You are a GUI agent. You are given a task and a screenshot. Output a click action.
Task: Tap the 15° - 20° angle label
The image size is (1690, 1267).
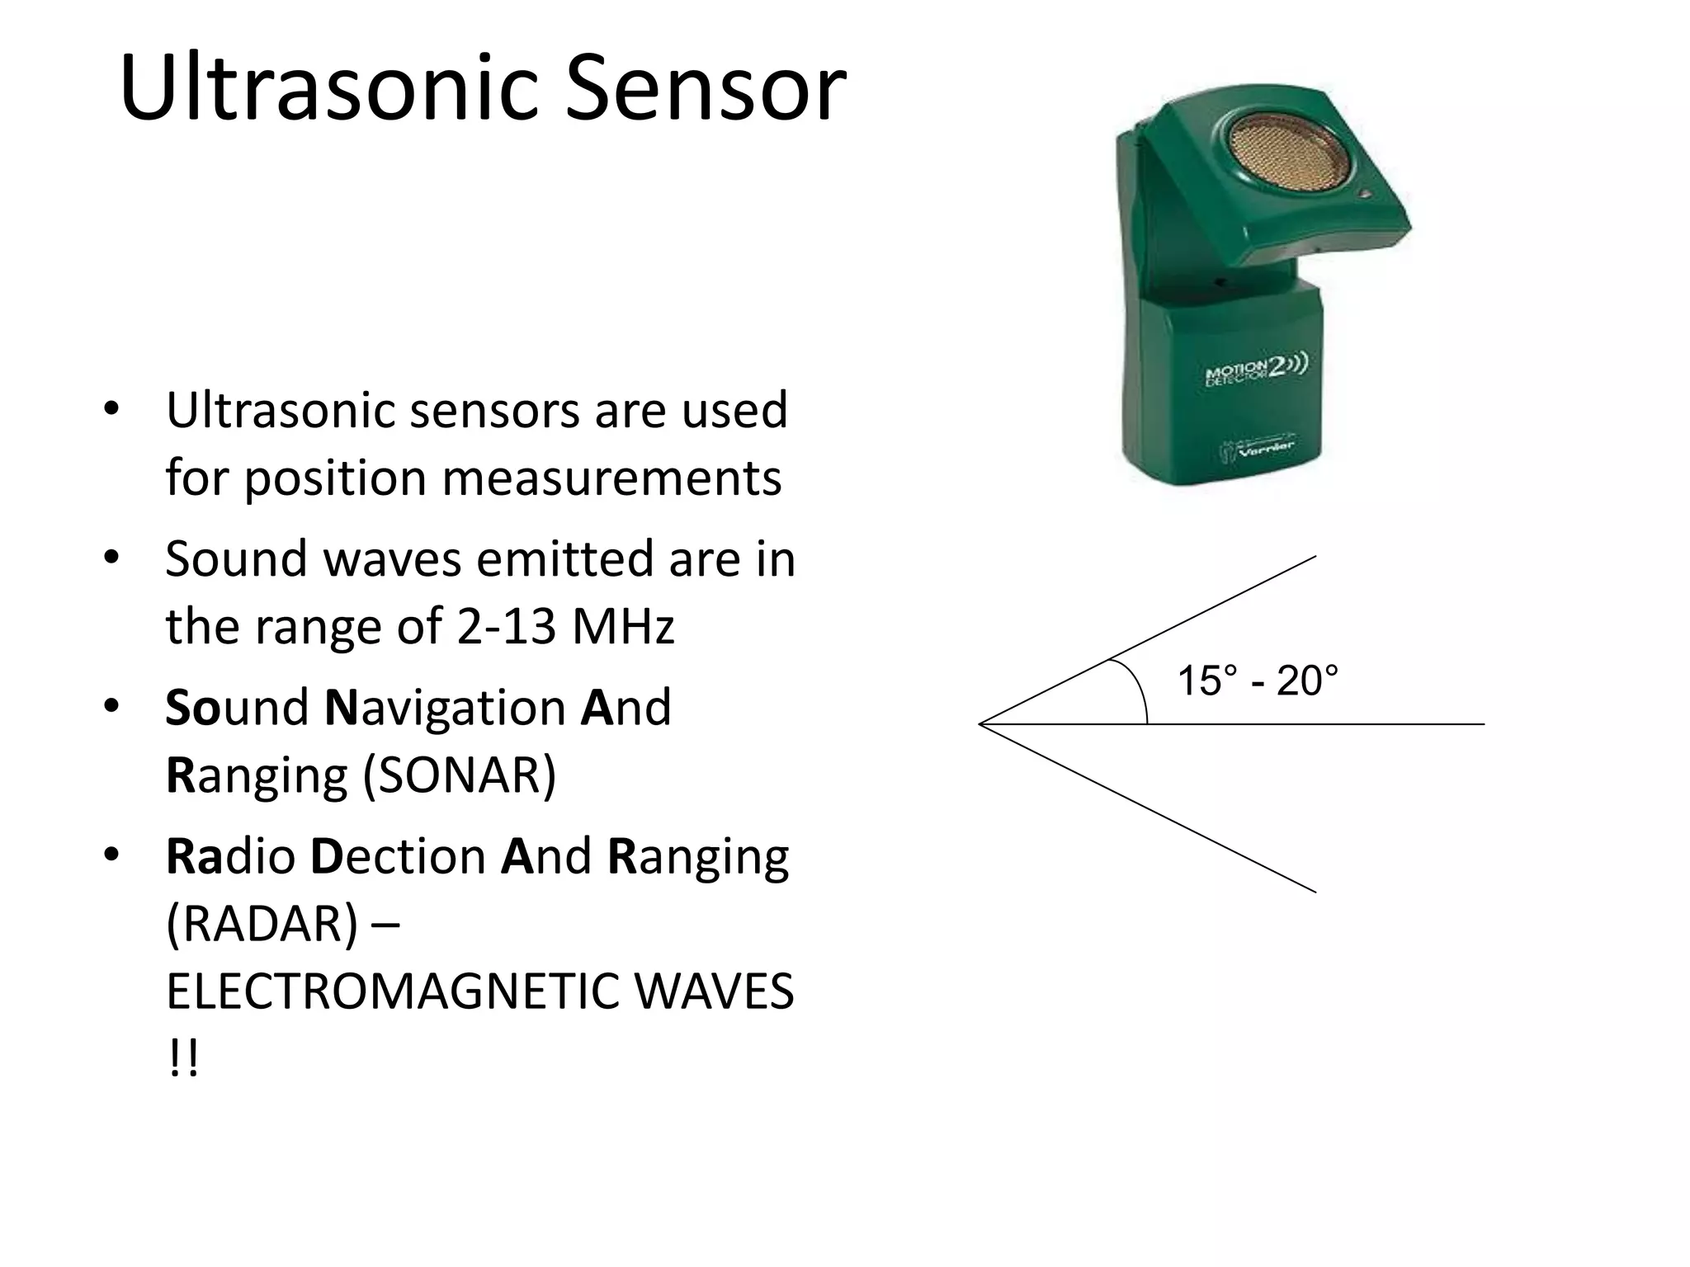pyautogui.click(x=1257, y=681)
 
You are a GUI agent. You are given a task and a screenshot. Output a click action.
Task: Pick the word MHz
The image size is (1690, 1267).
pyautogui.click(x=623, y=626)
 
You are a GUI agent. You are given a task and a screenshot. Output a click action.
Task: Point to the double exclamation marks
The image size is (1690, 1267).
pyautogui.click(x=182, y=1057)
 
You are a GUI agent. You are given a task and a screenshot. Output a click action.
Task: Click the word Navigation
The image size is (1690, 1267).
pyautogui.click(x=446, y=708)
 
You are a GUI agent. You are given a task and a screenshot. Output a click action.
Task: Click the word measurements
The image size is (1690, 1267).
pyautogui.click(x=611, y=478)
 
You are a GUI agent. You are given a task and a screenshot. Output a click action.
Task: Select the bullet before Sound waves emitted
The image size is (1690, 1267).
pyautogui.click(x=112, y=558)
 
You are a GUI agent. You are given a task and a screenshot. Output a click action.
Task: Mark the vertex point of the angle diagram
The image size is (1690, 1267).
pyautogui.click(x=980, y=724)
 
